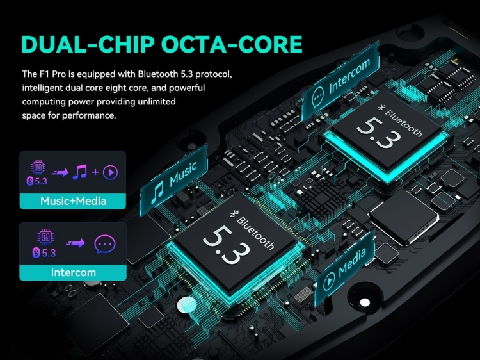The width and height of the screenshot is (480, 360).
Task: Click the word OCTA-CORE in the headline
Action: point(232,44)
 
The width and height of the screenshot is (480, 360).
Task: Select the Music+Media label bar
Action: point(73,201)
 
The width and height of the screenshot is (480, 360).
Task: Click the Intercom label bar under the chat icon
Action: point(73,272)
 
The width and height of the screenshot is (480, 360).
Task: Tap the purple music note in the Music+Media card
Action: point(80,172)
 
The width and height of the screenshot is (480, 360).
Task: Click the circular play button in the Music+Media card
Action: point(111,172)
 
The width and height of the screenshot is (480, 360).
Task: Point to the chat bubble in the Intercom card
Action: point(105,244)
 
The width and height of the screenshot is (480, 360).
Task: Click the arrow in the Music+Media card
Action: point(60,173)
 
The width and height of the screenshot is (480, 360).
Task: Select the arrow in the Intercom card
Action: point(76,243)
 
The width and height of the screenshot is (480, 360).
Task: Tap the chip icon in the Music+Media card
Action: point(38,168)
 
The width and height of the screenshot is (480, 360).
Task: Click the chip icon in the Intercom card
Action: point(45,237)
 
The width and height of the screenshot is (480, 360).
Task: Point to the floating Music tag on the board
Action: point(174,181)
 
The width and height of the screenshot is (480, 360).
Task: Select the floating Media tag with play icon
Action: point(344,267)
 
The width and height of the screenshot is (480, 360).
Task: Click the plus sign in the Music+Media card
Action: point(95,172)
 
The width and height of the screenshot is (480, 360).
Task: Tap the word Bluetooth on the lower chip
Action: point(255,233)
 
